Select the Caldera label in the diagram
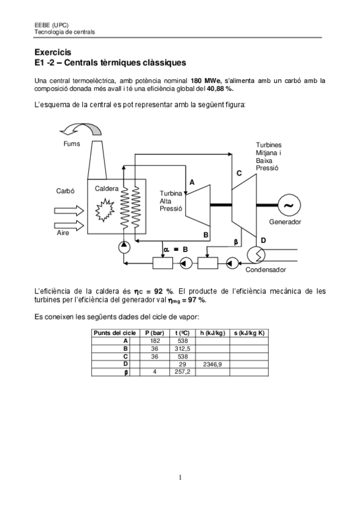click(x=106, y=188)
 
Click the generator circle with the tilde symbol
click(x=288, y=204)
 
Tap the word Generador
click(x=285, y=222)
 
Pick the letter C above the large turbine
click(x=239, y=173)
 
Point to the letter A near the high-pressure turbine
click(x=192, y=182)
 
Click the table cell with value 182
click(x=154, y=341)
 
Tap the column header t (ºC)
click(x=182, y=333)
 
